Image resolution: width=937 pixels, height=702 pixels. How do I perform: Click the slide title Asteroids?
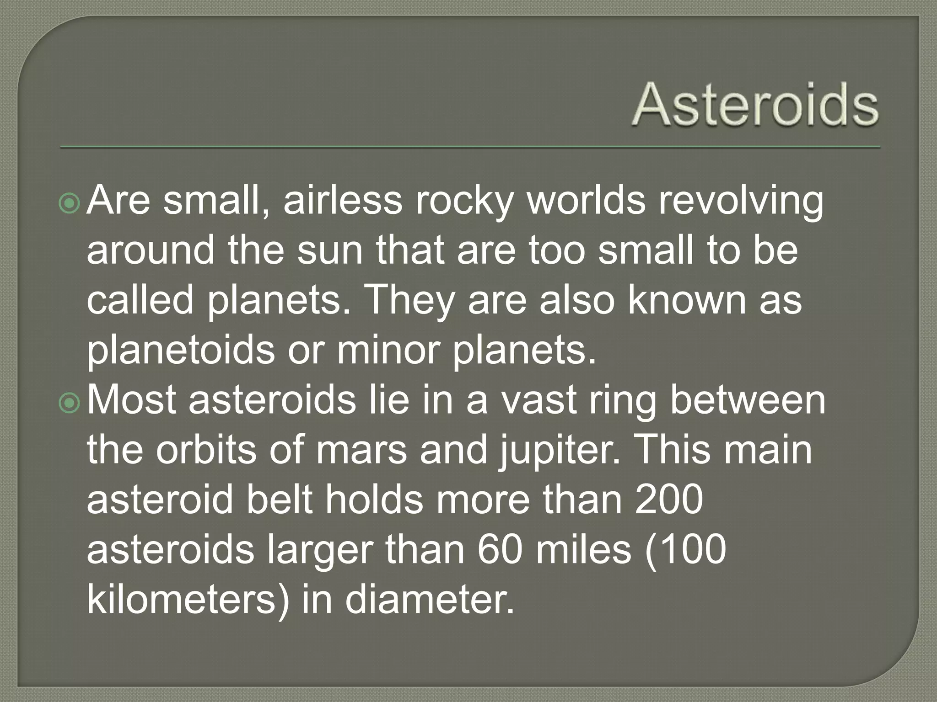pos(755,106)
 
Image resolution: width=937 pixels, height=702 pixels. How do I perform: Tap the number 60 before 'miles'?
pos(500,550)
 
